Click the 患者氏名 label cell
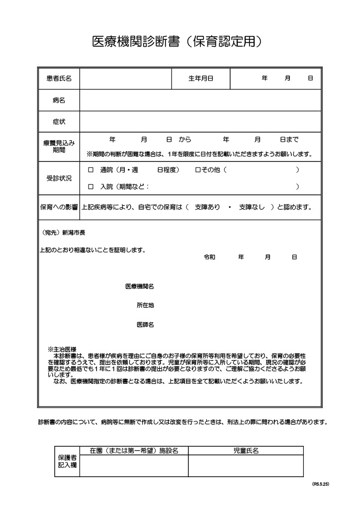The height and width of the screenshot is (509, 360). coord(59,79)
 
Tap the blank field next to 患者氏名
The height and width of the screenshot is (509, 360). coord(125,79)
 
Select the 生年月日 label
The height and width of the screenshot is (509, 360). coord(201,79)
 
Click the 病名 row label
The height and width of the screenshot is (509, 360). coord(59,100)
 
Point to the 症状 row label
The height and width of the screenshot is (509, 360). coord(59,122)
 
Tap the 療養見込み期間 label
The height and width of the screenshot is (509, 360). coord(59,147)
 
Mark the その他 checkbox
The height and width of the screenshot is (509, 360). coord(197,170)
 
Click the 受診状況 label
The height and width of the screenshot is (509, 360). coord(59,178)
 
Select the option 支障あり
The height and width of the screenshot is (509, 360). coord(207,207)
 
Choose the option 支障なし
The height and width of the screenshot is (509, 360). coord(252,207)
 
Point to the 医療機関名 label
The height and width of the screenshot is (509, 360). coord(139,286)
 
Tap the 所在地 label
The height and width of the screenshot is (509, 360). coord(145,305)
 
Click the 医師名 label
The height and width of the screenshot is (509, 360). coord(145,325)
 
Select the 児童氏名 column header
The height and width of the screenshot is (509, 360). coord(246,451)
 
